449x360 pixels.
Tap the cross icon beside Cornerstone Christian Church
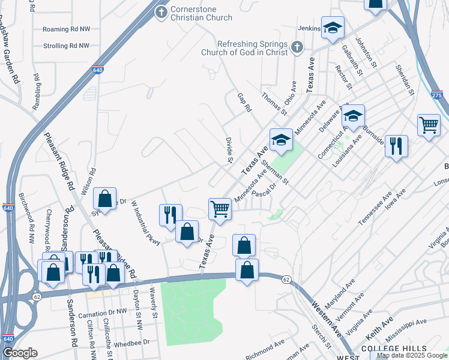pos(161,11)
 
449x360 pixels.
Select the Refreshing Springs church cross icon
pos(297,47)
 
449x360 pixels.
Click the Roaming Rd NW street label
pos(66,29)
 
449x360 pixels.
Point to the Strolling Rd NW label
pos(66,46)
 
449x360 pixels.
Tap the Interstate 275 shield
pos(437,95)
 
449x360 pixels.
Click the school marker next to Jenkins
pos(332,28)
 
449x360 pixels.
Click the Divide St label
pos(229,149)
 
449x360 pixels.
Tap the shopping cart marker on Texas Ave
pos(220,209)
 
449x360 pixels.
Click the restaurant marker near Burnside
pos(396,146)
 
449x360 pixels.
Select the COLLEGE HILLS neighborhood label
pos(394,349)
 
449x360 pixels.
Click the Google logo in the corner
pos(20,353)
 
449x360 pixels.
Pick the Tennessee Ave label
pos(375,208)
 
